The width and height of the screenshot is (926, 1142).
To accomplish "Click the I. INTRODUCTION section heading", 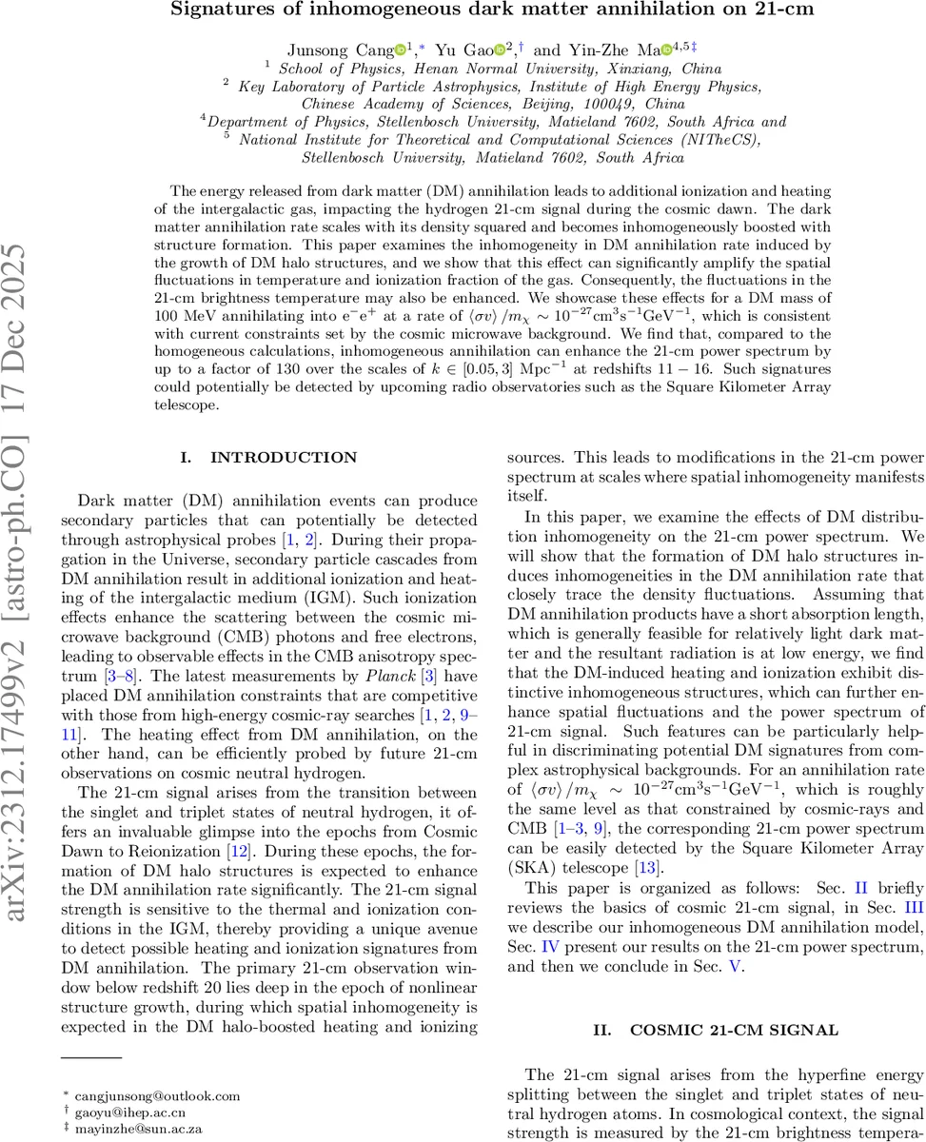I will point(268,458).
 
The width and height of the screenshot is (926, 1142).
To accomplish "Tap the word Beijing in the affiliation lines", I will point(544,104).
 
